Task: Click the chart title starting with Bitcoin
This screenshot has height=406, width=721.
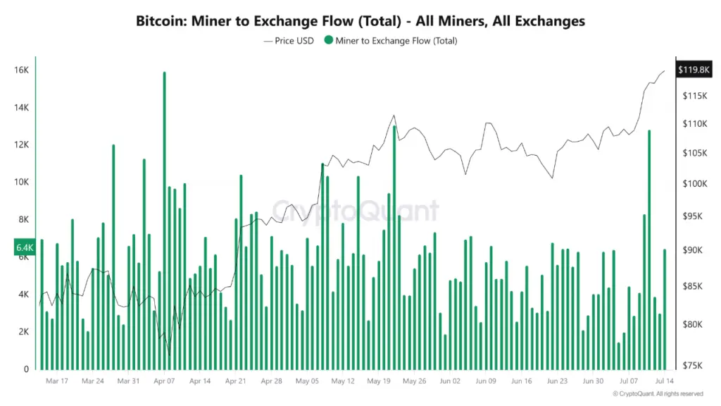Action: tap(360, 21)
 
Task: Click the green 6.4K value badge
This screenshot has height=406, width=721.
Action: tap(24, 247)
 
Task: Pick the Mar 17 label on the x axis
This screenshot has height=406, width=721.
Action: tap(57, 381)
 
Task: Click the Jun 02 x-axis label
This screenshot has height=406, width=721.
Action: tap(449, 381)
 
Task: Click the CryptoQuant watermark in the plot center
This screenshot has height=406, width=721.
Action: tap(355, 210)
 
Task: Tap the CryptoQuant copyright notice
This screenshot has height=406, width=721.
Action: tap(658, 393)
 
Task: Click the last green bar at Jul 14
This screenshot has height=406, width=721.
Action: tap(665, 309)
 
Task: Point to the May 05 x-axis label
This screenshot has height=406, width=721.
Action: tap(307, 381)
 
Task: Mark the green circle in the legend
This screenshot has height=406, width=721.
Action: tap(329, 41)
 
